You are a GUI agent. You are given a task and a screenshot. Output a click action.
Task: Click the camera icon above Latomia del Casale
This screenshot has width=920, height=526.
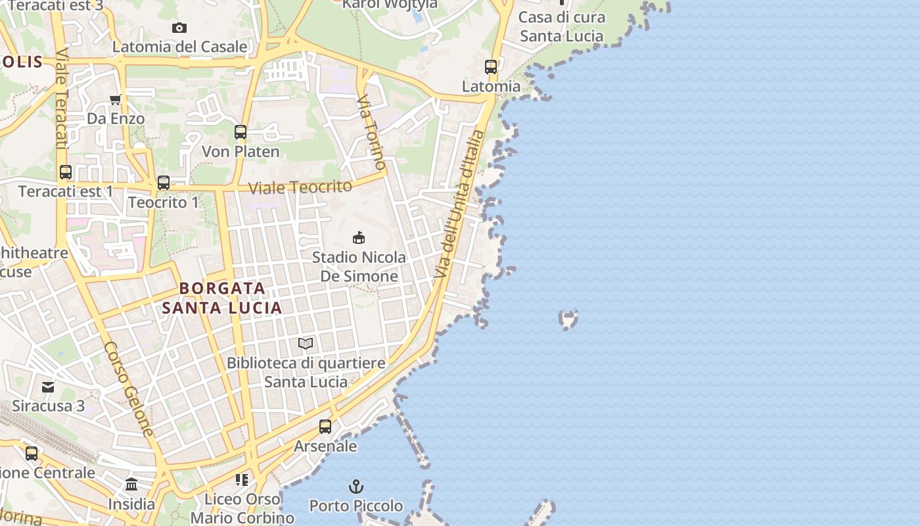(x=179, y=28)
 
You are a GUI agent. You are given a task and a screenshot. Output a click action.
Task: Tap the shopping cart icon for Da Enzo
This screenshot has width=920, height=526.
(x=116, y=100)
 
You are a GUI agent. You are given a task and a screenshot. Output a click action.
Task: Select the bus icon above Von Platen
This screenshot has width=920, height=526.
(x=241, y=132)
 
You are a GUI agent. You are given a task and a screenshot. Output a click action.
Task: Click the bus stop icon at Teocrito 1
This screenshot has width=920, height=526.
(x=164, y=183)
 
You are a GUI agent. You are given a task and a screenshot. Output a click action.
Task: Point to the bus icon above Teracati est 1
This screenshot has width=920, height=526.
(x=66, y=172)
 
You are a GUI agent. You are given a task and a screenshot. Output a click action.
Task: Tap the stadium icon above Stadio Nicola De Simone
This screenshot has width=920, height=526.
(x=359, y=237)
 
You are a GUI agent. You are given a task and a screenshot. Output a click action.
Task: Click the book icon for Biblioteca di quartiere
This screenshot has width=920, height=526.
(x=306, y=343)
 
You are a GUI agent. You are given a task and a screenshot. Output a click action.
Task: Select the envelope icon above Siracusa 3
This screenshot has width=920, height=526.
(x=48, y=387)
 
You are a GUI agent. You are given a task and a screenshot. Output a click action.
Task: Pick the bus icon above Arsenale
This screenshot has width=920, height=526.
(x=325, y=427)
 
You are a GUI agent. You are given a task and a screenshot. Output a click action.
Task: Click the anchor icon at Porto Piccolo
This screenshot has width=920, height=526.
(x=356, y=487)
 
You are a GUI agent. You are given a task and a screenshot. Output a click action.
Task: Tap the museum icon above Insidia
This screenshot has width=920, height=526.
(x=131, y=485)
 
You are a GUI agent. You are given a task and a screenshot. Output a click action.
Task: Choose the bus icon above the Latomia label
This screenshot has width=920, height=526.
(x=491, y=67)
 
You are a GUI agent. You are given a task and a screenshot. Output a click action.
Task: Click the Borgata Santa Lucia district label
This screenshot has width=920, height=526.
(x=222, y=298)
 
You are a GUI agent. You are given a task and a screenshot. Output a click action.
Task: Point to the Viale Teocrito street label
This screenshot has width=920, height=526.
(x=300, y=187)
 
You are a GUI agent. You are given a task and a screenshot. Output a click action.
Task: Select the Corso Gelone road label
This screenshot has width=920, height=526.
(x=129, y=389)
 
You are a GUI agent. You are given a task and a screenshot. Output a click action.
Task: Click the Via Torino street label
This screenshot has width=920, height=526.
(x=371, y=131)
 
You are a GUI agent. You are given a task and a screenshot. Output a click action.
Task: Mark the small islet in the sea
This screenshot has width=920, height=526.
(x=568, y=320)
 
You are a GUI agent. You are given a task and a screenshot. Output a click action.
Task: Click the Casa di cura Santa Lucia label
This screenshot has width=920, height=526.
(x=561, y=27)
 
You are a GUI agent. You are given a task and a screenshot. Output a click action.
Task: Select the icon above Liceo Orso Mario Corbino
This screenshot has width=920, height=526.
(x=242, y=480)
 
